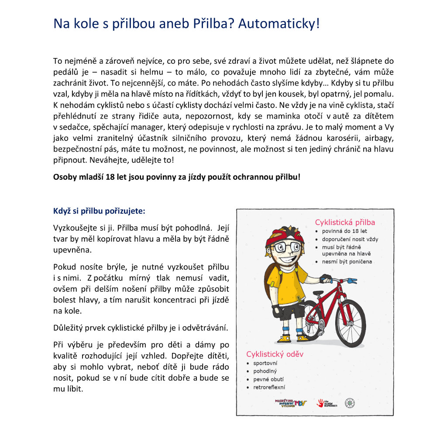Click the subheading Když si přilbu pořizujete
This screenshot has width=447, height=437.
click(x=99, y=211)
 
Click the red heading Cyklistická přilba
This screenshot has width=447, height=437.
click(x=345, y=222)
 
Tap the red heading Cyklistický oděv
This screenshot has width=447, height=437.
click(x=275, y=354)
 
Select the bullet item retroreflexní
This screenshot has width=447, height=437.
click(x=269, y=387)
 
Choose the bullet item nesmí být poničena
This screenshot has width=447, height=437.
click(x=347, y=262)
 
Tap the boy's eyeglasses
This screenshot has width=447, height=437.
click(x=285, y=247)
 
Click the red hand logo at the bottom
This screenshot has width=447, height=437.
click(x=321, y=403)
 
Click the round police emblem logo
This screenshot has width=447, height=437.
click(x=350, y=403)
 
